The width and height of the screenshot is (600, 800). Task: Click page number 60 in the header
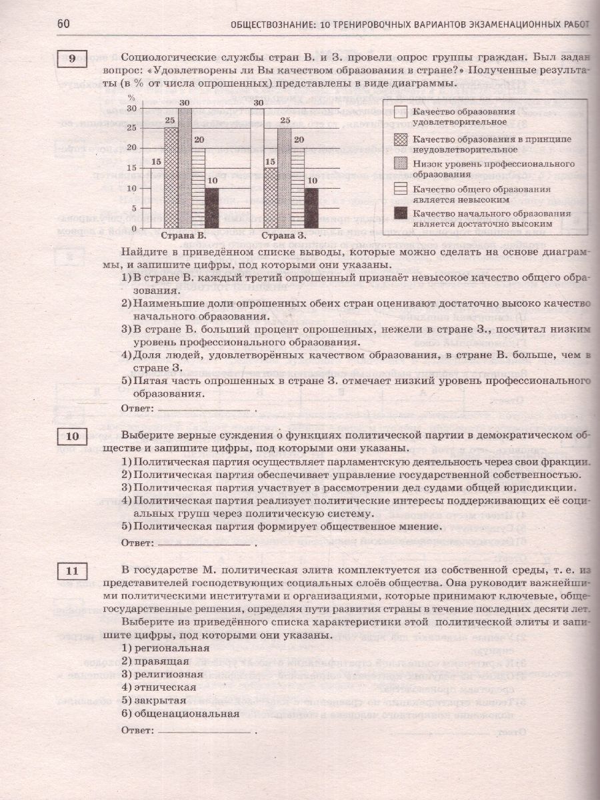click(63, 24)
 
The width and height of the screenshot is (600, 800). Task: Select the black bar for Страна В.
click(211, 208)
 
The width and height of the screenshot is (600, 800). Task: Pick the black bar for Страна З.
click(311, 208)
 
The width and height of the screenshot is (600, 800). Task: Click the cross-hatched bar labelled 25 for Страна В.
click(171, 178)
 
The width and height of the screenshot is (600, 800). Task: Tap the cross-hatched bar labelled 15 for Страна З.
click(271, 198)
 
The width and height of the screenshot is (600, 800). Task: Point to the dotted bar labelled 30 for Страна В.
click(185, 168)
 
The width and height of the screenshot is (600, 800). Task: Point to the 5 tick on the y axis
click(132, 208)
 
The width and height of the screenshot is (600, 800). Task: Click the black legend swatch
click(401, 213)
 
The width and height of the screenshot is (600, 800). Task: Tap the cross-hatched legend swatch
click(401, 139)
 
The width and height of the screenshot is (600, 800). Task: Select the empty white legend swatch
click(401, 112)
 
